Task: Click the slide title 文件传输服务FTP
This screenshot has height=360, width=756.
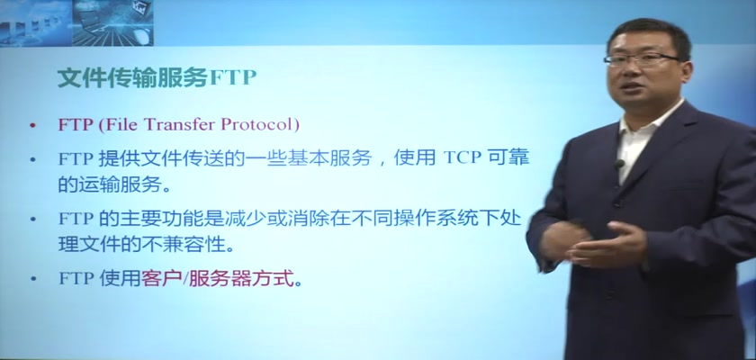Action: point(157,77)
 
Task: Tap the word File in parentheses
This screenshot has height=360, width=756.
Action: point(121,125)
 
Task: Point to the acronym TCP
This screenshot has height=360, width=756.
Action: point(462,159)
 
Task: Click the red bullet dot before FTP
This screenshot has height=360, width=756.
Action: point(32,126)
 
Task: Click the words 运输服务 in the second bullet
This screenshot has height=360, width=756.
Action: point(121,185)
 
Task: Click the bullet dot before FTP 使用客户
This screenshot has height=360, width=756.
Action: point(32,280)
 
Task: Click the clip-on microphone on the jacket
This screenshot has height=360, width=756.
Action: point(618,165)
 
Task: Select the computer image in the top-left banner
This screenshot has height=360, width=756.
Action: point(112,23)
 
